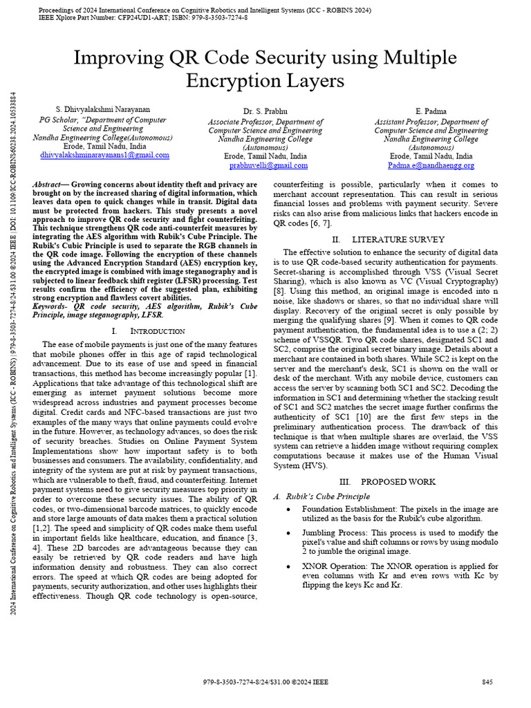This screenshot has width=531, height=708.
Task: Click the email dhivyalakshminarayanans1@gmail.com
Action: pyautogui.click(x=104, y=156)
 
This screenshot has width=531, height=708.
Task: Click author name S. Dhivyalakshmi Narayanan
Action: pyautogui.click(x=102, y=110)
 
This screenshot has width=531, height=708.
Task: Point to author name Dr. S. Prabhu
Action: pyautogui.click(x=265, y=112)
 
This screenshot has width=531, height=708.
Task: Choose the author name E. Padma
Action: pyautogui.click(x=431, y=112)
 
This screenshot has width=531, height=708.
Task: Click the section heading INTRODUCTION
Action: pyautogui.click(x=152, y=332)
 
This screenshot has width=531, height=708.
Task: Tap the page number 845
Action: pyautogui.click(x=487, y=682)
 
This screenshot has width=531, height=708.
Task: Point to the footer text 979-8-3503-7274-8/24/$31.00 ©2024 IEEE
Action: pyautogui.click(x=266, y=682)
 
